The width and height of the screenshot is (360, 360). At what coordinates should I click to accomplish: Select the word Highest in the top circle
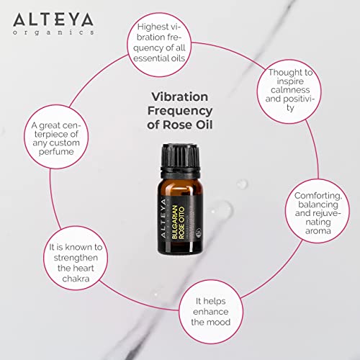click(x=160, y=27)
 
